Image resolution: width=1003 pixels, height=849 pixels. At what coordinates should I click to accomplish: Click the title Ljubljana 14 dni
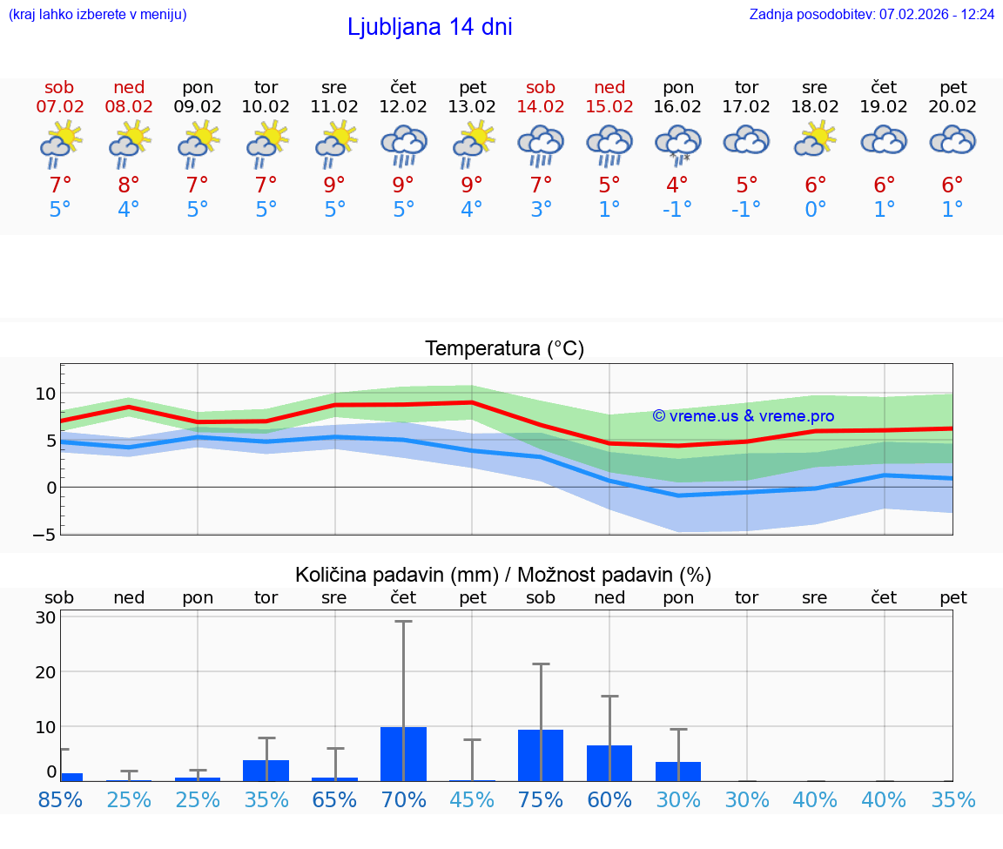click(429, 27)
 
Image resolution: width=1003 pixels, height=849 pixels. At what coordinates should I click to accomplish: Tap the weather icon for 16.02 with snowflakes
click(678, 144)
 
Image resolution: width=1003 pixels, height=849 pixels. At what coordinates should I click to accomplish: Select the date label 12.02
click(403, 106)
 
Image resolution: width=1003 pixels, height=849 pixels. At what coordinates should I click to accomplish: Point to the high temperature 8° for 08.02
click(128, 185)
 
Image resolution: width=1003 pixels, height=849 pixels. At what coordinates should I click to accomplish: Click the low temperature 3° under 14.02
click(541, 210)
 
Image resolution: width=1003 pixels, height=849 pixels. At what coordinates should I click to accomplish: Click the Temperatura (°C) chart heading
click(504, 349)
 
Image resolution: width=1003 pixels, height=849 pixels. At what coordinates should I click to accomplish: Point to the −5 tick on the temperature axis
click(44, 534)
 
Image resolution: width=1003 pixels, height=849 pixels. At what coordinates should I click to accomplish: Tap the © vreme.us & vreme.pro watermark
click(743, 416)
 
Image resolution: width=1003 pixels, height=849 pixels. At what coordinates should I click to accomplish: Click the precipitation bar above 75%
click(541, 755)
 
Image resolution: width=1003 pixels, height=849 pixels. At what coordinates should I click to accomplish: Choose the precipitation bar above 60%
click(609, 763)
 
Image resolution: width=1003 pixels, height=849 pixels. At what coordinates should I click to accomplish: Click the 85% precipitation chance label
click(60, 799)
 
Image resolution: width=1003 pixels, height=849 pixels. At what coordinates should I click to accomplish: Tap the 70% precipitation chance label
click(403, 799)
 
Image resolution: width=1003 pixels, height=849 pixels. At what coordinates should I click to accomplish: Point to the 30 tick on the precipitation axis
click(46, 617)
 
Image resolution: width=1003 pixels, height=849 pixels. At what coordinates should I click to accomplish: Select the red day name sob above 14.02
click(541, 87)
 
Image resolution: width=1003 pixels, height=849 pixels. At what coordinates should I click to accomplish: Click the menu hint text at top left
click(98, 14)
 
